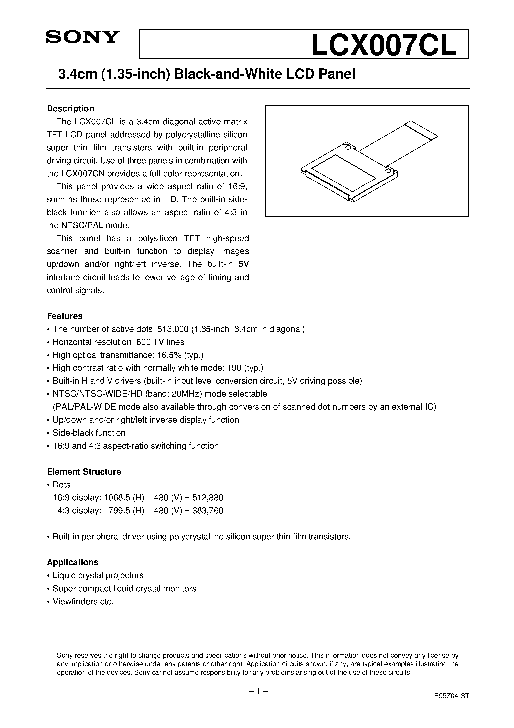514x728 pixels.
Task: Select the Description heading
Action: (x=70, y=109)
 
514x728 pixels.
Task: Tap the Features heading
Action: (x=65, y=316)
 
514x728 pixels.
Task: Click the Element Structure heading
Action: (x=84, y=472)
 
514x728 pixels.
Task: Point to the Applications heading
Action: (x=73, y=562)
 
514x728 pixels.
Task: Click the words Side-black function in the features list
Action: (x=89, y=433)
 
